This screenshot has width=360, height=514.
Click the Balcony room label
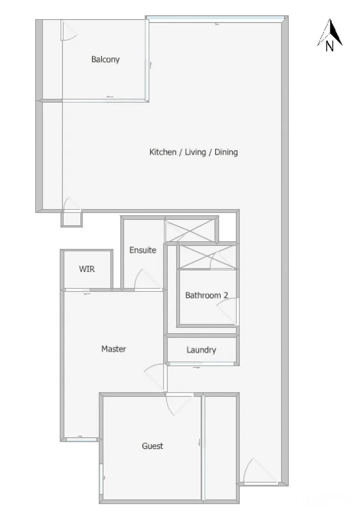pos(105,60)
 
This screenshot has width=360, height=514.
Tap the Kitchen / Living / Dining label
pos(193,152)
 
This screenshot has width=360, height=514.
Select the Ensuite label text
pos(142,250)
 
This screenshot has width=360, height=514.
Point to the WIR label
pos(87,269)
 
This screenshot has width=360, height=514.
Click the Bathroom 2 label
pos(206,295)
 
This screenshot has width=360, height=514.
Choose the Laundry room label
pos(201,350)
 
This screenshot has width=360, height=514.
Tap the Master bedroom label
pos(114,349)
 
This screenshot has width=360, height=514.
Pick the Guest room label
pos(152,446)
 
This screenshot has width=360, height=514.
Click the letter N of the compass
pos(329,47)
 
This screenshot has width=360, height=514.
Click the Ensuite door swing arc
pos(146,279)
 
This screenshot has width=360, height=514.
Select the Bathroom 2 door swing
pos(227,312)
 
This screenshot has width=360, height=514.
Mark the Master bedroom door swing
pos(154,377)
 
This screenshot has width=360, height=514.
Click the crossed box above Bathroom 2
pos(208,256)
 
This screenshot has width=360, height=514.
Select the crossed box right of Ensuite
pos(189,230)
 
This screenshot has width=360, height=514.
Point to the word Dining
pos(226,152)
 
